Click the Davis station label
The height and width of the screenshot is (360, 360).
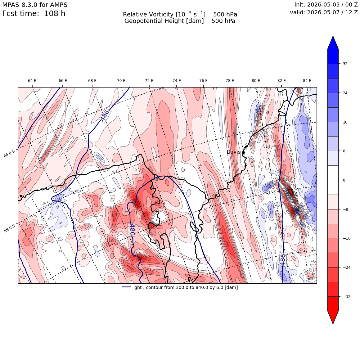pyautogui.click(x=233, y=152)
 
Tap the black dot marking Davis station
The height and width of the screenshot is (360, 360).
pyautogui.click(x=243, y=152)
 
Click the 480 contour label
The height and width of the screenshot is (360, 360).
pyautogui.click(x=132, y=230)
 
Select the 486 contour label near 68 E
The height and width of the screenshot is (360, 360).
pyautogui.click(x=105, y=115)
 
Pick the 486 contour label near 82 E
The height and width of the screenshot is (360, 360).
pyautogui.click(x=283, y=260)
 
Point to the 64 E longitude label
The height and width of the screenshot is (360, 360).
pyautogui.click(x=32, y=81)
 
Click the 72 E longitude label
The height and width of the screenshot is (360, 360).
pyautogui.click(x=149, y=81)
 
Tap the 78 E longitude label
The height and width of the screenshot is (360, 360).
pyautogui.click(x=230, y=81)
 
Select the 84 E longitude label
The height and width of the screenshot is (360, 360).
pyautogui.click(x=307, y=81)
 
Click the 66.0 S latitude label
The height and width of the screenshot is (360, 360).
pyautogui.click(x=10, y=153)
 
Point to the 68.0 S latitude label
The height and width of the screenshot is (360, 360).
pyautogui.click(x=10, y=228)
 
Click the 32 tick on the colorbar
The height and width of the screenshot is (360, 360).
pyautogui.click(x=345, y=64)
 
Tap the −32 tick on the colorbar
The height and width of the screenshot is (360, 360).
pyautogui.click(x=347, y=297)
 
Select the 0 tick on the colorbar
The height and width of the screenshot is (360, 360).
pyautogui.click(x=344, y=180)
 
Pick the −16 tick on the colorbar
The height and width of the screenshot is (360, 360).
pyautogui.click(x=347, y=238)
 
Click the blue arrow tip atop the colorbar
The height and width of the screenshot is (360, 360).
pyautogui.click(x=333, y=36)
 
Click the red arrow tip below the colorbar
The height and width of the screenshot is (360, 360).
pyautogui.click(x=333, y=323)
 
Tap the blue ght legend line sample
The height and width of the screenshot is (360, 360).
pyautogui.click(x=127, y=287)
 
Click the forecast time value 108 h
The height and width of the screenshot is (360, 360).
pyautogui.click(x=55, y=14)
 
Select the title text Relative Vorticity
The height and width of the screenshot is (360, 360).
pyautogui.click(x=148, y=15)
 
